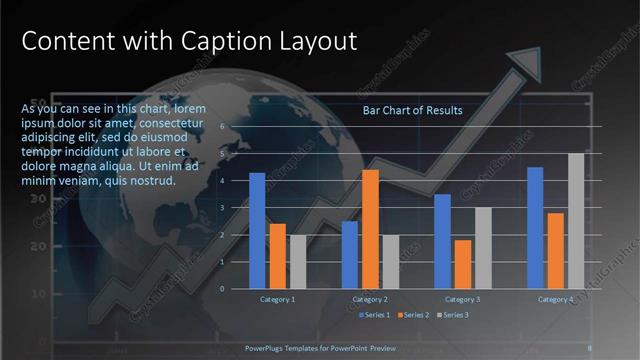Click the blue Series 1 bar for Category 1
point(257,230)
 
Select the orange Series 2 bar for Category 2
point(370,229)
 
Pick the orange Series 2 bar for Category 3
point(463,264)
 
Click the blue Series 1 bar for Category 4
point(535,227)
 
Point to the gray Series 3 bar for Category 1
point(298,261)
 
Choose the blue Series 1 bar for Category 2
point(350,254)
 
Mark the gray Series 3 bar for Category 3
point(483,247)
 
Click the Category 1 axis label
point(277,299)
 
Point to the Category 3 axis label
point(463,299)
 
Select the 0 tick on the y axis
point(236,288)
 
